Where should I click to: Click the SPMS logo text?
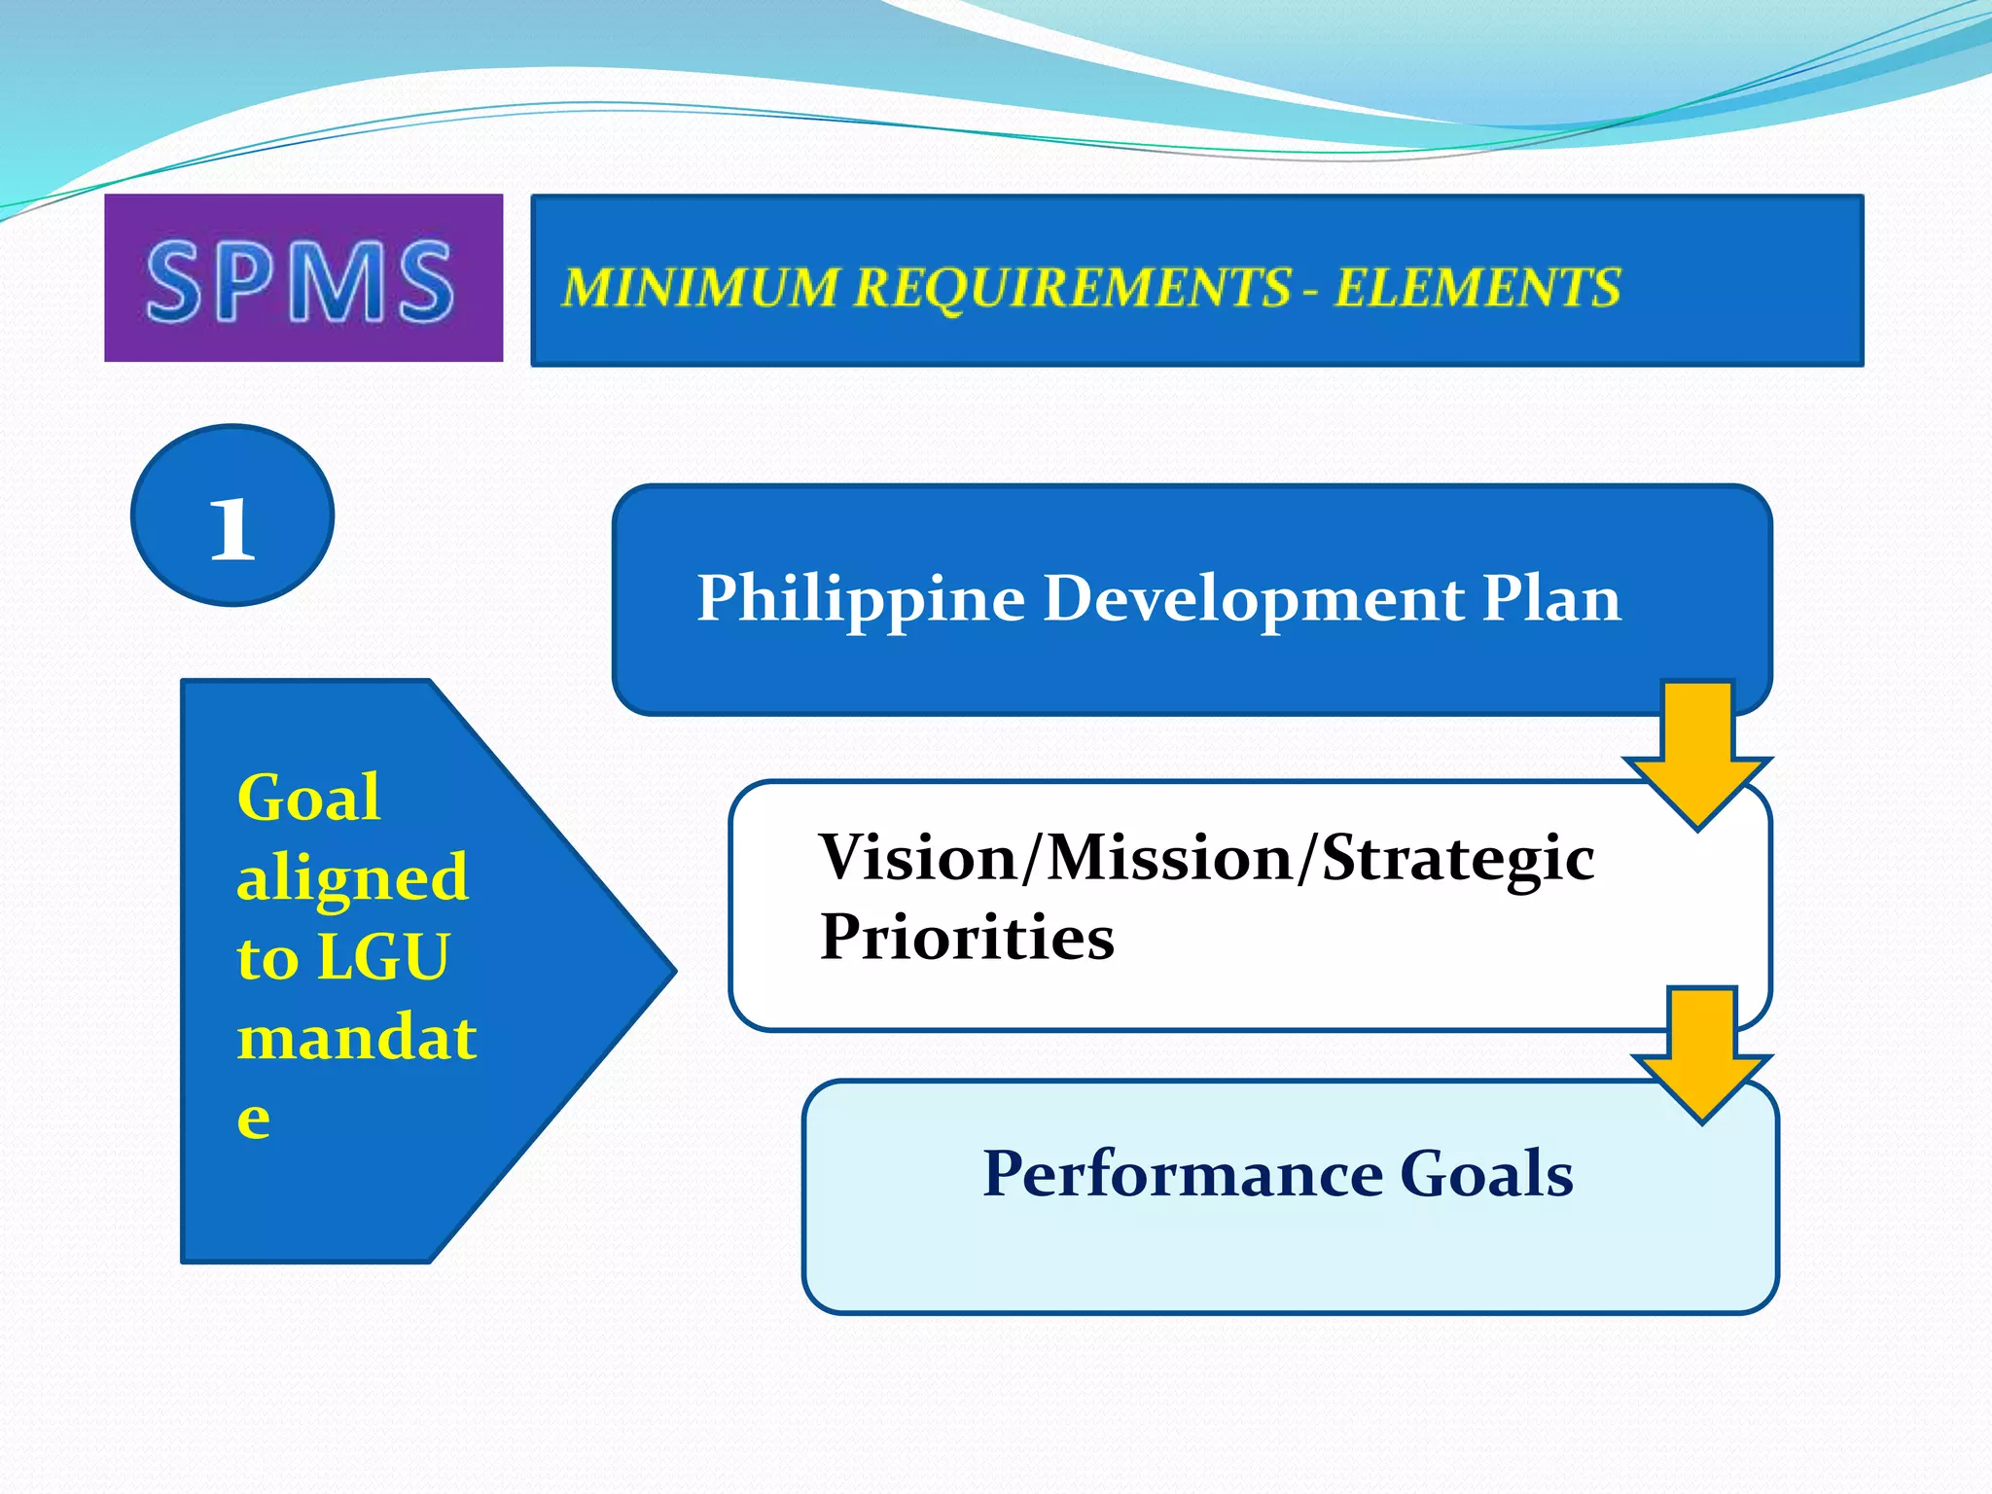(300, 281)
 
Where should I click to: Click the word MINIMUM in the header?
(698, 288)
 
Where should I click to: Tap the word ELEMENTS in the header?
(1476, 288)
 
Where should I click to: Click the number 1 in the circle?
(232, 529)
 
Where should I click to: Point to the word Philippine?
(861, 598)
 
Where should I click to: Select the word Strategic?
(1458, 860)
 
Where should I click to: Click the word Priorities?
(967, 938)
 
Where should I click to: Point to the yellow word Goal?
(308, 799)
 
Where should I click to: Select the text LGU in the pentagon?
(383, 957)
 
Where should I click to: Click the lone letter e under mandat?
(254, 1119)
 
